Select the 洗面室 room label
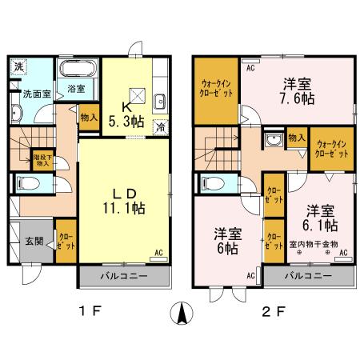[37, 94]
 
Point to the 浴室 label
[77, 89]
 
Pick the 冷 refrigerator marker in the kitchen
[160, 125]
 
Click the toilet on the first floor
[29, 182]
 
